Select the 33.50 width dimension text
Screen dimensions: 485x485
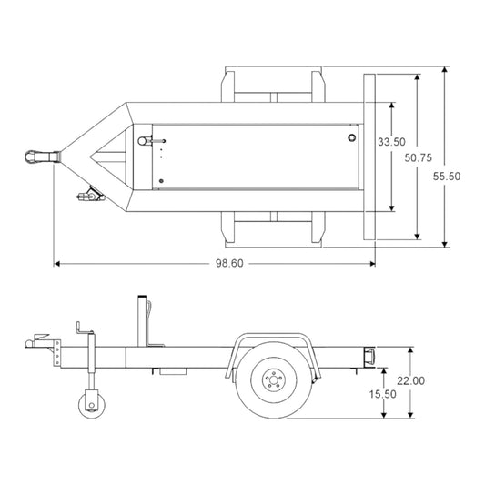click(x=391, y=142)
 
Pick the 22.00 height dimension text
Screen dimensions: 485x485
click(x=410, y=380)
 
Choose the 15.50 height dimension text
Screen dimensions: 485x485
click(x=382, y=394)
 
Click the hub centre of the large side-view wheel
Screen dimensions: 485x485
click(x=272, y=380)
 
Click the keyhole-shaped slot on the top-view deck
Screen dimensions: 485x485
click(x=146, y=140)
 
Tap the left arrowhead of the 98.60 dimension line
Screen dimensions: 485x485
click(x=56, y=263)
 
